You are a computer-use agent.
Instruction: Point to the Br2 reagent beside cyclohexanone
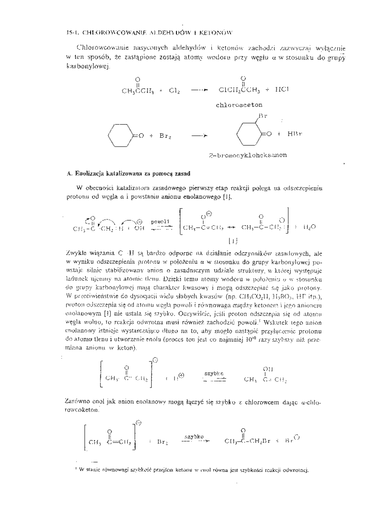[164, 136]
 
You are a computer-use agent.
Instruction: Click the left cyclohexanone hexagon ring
[120, 135]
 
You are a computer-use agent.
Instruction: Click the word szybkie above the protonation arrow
[214, 373]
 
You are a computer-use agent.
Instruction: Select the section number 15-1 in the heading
[71, 31]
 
